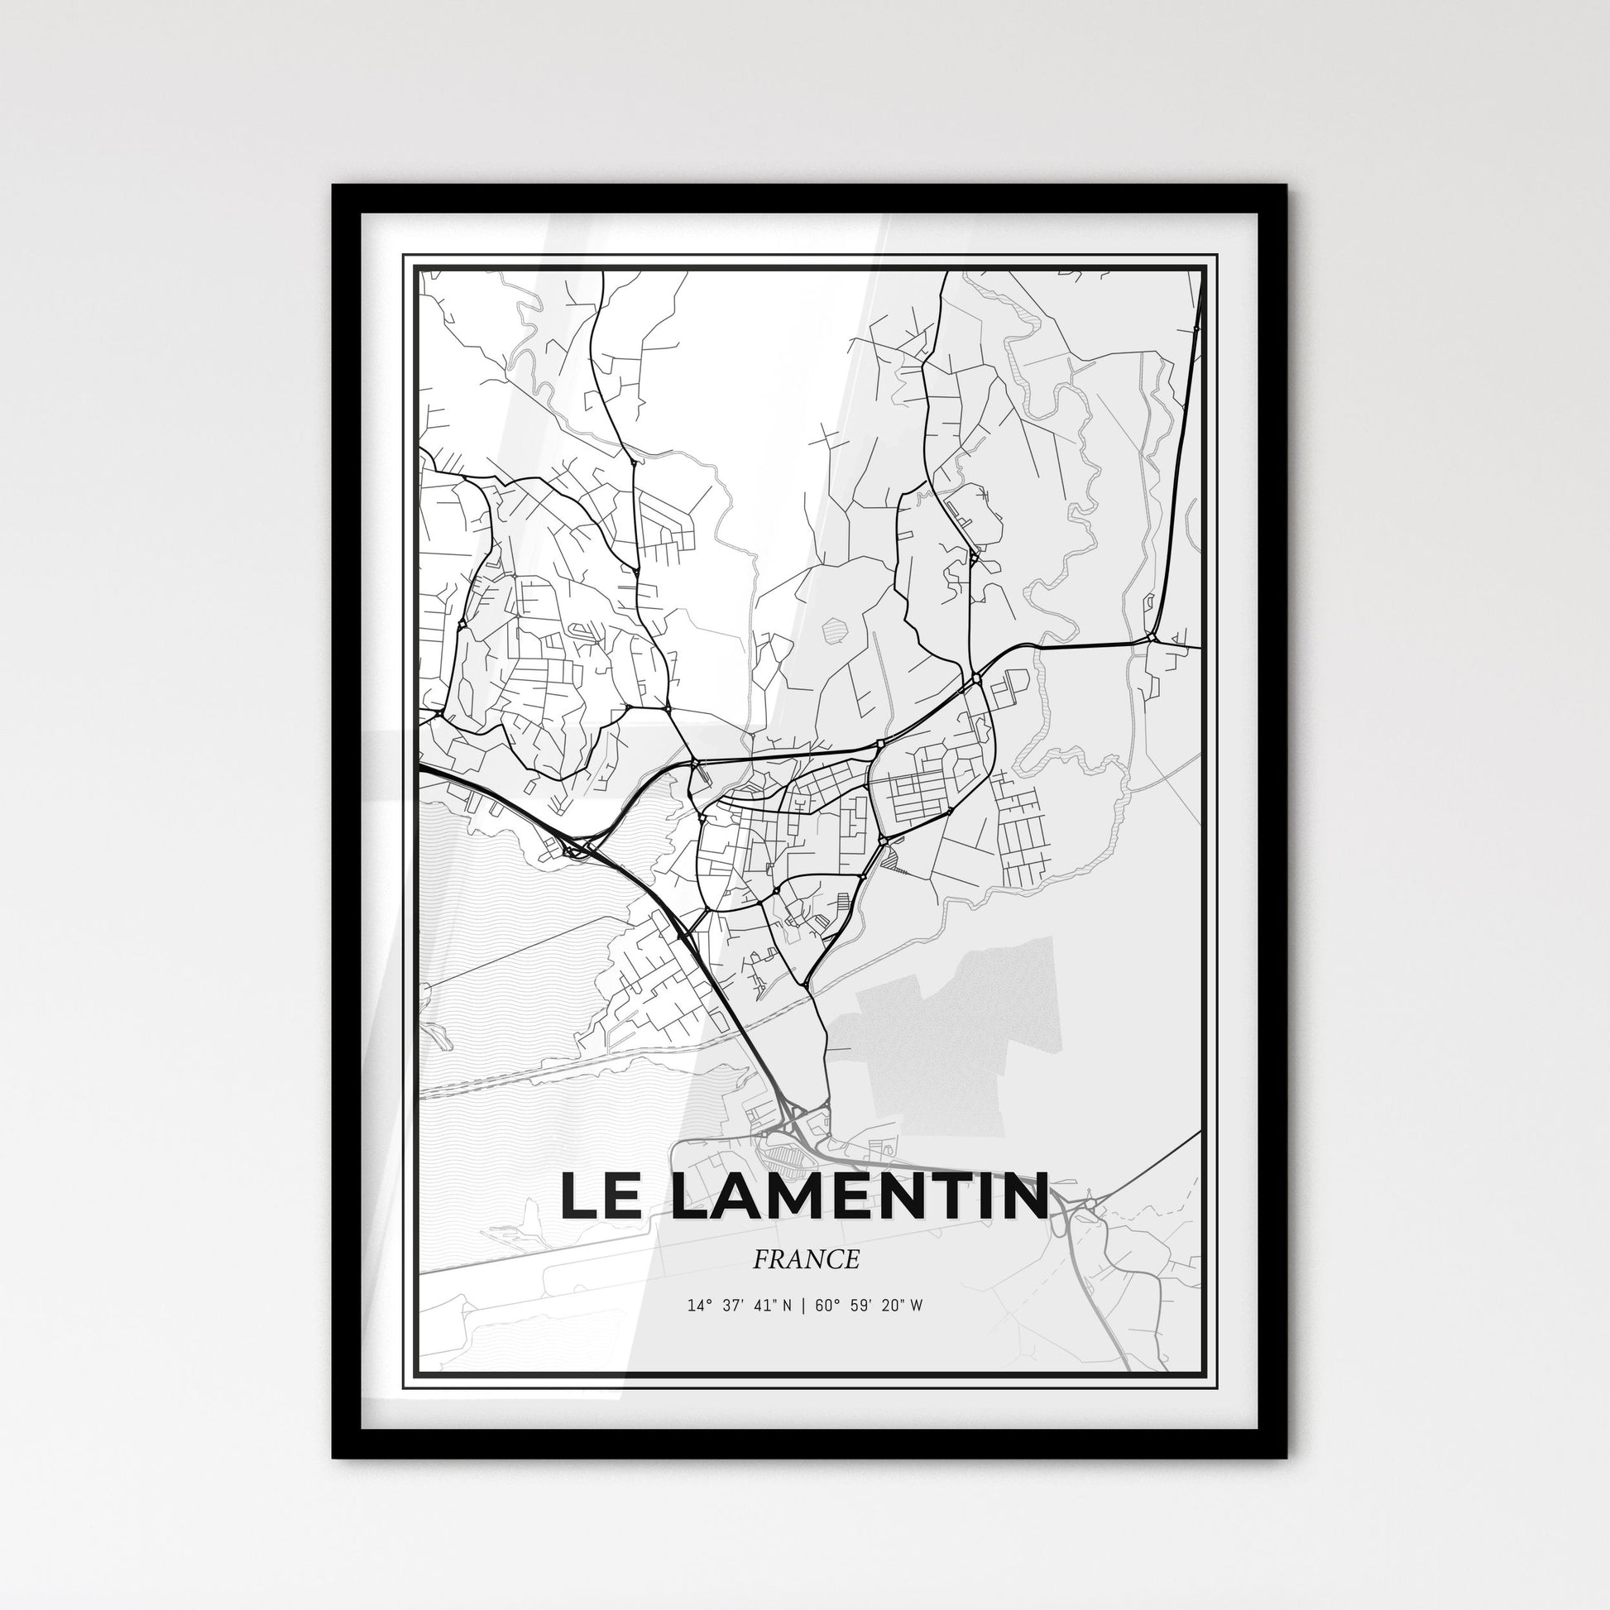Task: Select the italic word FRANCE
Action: point(805,1259)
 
